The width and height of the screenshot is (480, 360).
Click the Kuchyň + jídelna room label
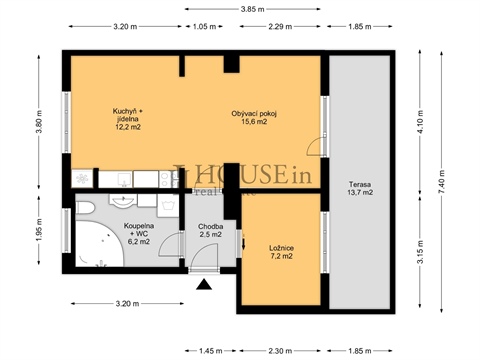(127, 118)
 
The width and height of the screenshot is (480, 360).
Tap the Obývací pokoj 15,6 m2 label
(253, 118)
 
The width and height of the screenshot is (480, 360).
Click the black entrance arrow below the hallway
(205, 285)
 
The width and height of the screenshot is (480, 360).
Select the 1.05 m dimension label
(204, 27)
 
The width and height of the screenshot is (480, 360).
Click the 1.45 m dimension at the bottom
(210, 350)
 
